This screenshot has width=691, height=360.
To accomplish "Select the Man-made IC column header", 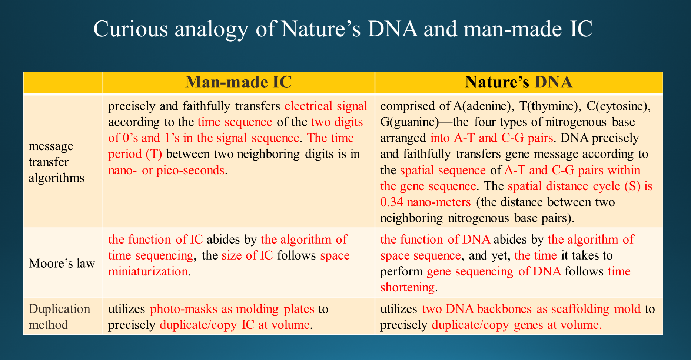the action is coord(239,82).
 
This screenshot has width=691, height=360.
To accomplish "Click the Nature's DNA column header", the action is coord(519,82).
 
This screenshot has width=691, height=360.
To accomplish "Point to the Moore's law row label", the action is coord(62,263).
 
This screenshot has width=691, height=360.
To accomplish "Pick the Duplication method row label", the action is coord(59,317).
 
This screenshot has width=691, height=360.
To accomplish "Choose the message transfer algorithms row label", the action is coord(56,162).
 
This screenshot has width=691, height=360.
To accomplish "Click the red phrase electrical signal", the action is coord(326,106).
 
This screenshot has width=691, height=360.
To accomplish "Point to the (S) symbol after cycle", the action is coord(632,186).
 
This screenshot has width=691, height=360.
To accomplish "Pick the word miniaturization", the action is coord(148,271).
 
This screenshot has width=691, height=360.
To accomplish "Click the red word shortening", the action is coord(408,287).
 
